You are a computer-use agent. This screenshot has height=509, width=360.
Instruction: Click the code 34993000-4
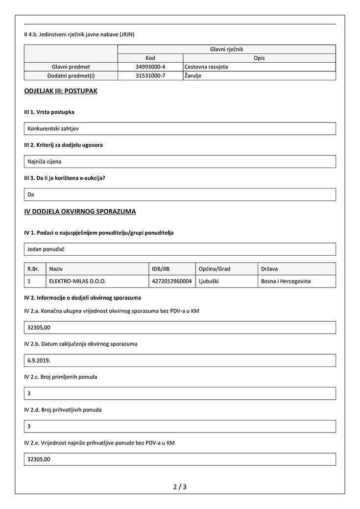150,67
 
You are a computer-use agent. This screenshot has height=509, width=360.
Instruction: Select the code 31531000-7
150,76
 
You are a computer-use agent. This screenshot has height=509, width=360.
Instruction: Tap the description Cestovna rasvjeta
206,67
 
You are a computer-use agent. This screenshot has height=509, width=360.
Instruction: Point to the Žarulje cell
193,76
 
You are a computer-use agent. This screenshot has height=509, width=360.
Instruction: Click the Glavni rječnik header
226,49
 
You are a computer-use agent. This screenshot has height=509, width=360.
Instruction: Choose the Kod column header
150,58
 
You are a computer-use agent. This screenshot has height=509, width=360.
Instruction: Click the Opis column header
259,58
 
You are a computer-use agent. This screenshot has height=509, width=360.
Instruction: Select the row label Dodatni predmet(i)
71,76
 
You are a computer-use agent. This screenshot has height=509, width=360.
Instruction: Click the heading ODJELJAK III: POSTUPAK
60,91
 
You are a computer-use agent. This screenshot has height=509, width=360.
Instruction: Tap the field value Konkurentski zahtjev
53,129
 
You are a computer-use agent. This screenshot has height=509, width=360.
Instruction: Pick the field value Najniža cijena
45,162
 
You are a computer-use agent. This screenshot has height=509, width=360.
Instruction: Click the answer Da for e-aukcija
31,194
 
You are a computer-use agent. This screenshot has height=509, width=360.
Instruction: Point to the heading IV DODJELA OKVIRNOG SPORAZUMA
80,212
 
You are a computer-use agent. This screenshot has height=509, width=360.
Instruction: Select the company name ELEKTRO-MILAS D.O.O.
78,282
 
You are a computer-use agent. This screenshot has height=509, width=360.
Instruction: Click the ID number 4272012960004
172,282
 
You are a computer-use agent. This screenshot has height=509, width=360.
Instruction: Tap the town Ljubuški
211,282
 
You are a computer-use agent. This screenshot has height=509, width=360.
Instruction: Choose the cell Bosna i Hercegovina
286,282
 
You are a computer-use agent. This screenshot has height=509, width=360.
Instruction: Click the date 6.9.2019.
39,361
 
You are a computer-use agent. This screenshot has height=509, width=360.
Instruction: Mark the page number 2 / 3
180,487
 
